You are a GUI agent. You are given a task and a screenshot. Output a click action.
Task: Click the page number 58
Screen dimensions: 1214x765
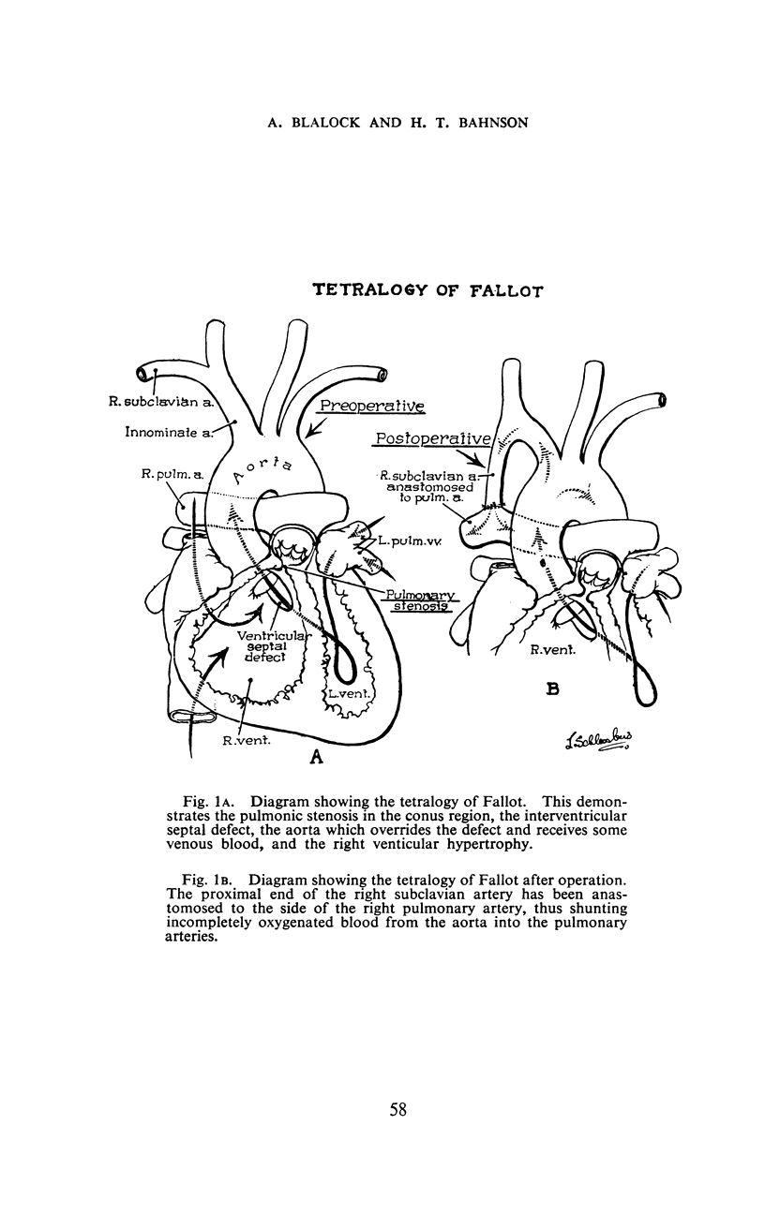tap(397, 1111)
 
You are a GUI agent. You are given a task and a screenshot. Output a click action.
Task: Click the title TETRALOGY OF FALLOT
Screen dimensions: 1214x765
tap(427, 292)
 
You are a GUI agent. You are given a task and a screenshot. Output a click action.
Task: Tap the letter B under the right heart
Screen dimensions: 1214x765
tap(553, 691)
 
